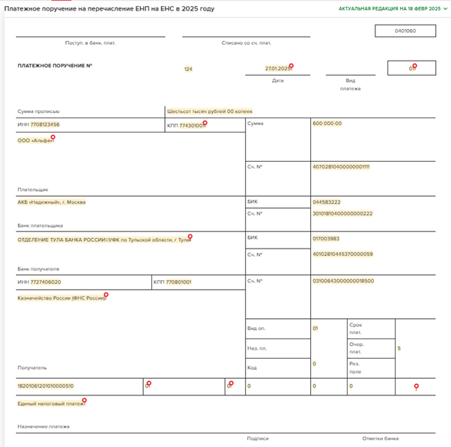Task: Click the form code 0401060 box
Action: pyautogui.click(x=405, y=31)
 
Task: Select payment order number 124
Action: pyautogui.click(x=188, y=69)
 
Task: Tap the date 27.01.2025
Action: pyautogui.click(x=277, y=69)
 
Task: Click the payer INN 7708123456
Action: pyautogui.click(x=45, y=125)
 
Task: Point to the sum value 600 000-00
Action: pyautogui.click(x=327, y=124)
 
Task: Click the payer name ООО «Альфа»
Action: pyautogui.click(x=35, y=141)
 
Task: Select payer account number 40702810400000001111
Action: pyautogui.click(x=341, y=167)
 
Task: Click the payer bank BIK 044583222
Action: pyautogui.click(x=327, y=202)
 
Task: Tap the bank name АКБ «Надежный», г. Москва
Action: pyautogui.click(x=52, y=202)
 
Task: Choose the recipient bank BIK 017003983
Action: pyautogui.click(x=326, y=239)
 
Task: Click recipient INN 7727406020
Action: pyautogui.click(x=46, y=282)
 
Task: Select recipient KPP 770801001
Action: pyautogui.click(x=178, y=282)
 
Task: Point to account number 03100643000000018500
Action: pyautogui.click(x=343, y=282)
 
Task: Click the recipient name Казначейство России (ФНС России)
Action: pyautogui.click(x=62, y=298)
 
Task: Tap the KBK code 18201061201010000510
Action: pyautogui.click(x=46, y=386)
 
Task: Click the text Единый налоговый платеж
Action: pyautogui.click(x=51, y=404)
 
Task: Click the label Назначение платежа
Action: pyautogui.click(x=43, y=427)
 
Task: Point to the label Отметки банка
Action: pyautogui.click(x=381, y=439)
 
